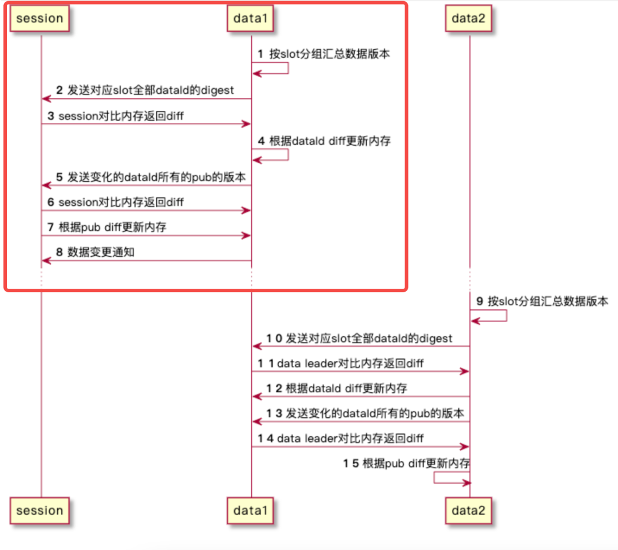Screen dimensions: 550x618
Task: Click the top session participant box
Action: click(x=40, y=18)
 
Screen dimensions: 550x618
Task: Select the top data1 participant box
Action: click(x=251, y=18)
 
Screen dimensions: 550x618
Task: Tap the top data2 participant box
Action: click(x=469, y=18)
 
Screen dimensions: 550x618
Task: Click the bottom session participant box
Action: click(x=40, y=511)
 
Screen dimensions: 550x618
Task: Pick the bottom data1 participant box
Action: click(x=251, y=511)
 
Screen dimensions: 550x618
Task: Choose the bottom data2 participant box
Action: click(x=469, y=511)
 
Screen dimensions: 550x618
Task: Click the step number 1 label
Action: click(x=260, y=54)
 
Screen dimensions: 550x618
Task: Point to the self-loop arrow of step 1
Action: click(x=287, y=68)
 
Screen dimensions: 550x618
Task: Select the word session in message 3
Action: click(x=78, y=116)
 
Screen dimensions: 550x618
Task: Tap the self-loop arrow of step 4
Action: click(x=287, y=154)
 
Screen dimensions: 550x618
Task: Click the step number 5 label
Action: click(x=59, y=177)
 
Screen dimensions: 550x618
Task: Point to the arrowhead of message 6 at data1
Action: click(x=247, y=211)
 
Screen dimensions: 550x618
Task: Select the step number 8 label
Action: click(x=59, y=252)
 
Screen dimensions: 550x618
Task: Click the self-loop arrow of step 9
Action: click(x=506, y=315)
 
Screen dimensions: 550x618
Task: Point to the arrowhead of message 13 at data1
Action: click(x=256, y=421)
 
